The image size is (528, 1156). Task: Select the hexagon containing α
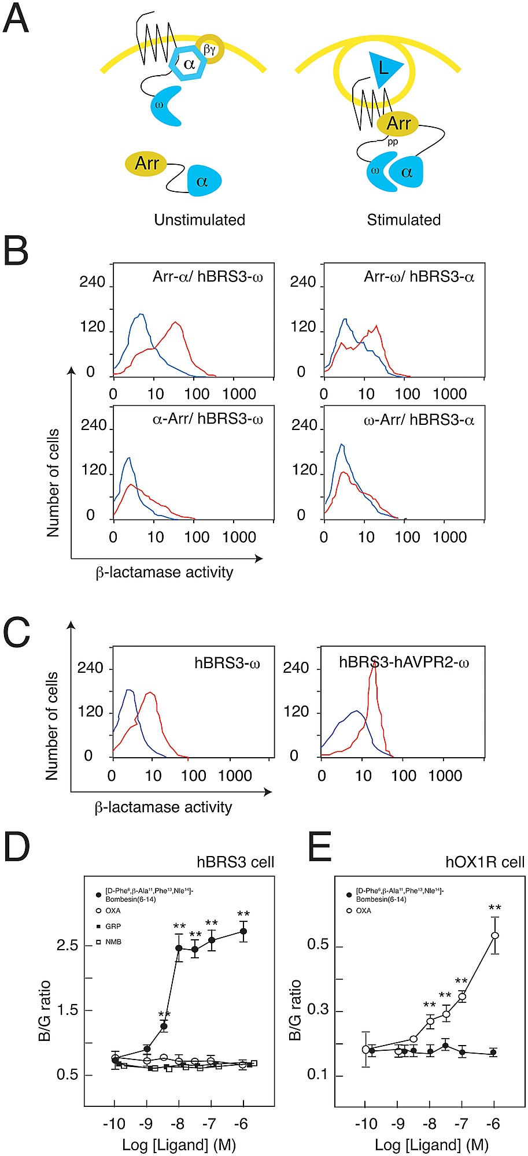[189, 64]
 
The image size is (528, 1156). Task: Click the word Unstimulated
[200, 220]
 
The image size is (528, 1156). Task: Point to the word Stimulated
[404, 220]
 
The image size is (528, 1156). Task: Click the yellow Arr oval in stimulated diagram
[398, 123]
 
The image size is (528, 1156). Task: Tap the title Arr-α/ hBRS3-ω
[208, 277]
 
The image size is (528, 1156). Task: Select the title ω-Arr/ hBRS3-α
[419, 420]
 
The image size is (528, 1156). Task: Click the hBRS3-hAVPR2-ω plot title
[404, 662]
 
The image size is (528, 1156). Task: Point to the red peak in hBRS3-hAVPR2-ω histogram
[375, 665]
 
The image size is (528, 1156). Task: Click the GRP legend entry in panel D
[113, 926]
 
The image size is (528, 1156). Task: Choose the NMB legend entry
[113, 942]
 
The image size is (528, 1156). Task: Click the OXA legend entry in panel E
[363, 910]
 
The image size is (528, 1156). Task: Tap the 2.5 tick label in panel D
[67, 946]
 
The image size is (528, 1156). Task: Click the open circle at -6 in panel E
[494, 935]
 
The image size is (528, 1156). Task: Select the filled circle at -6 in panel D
[243, 931]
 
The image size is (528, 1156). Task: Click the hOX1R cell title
[485, 862]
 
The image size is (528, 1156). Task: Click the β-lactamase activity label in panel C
[163, 807]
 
